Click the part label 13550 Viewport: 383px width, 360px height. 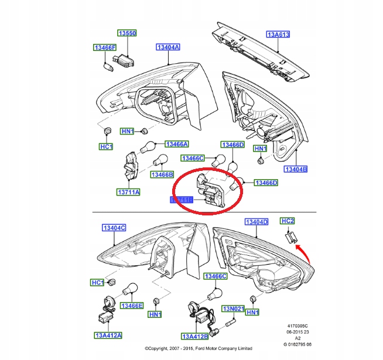128,34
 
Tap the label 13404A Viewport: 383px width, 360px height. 167,47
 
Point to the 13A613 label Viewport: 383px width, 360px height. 279,34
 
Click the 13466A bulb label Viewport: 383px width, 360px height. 176,144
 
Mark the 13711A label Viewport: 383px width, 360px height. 128,191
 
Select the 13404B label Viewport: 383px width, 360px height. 295,169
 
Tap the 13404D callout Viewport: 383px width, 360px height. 256,222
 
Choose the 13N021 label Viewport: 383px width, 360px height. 232,308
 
